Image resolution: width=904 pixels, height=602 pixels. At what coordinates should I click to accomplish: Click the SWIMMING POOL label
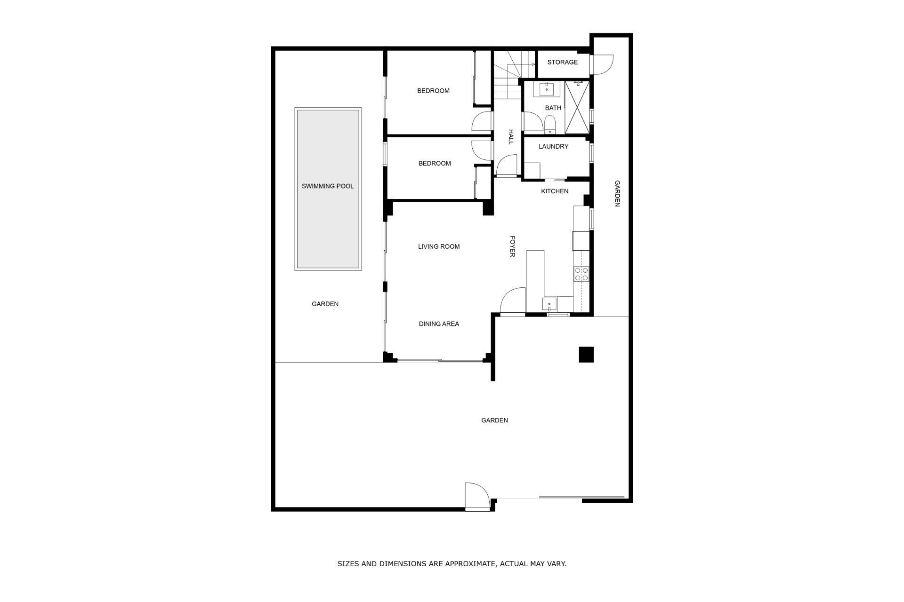coord(328,186)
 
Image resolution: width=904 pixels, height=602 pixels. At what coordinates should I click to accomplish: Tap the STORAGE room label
coord(562,62)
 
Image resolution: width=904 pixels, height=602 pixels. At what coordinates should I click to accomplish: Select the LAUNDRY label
coord(553,146)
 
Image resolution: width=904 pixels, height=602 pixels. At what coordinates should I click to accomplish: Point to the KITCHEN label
coord(555,191)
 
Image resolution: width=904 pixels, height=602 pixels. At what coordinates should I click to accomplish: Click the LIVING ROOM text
coord(439,246)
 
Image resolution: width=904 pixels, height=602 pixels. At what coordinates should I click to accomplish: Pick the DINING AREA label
coord(439,324)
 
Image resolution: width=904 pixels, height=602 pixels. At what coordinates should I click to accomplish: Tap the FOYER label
coord(512,246)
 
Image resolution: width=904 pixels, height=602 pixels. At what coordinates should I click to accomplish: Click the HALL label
coord(511,137)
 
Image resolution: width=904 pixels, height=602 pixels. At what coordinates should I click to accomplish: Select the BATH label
coord(553,108)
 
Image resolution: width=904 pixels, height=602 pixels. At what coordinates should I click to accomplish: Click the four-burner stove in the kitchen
coord(581,274)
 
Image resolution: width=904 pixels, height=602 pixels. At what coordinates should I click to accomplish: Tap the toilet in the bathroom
coord(549,125)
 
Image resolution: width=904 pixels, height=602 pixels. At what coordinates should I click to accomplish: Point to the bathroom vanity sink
coord(547,88)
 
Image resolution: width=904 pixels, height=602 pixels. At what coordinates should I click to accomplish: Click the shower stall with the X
coord(577,107)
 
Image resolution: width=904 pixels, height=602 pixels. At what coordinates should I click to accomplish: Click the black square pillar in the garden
coord(586,354)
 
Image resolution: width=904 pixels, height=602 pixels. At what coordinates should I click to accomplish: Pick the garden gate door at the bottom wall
coord(477,496)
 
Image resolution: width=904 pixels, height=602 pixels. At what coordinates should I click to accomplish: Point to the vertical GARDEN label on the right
coord(617,193)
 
